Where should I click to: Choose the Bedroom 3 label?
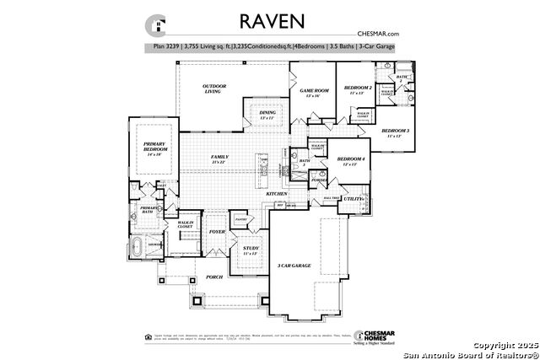pyautogui.click(x=395, y=132)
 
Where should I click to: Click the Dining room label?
pyautogui.click(x=267, y=116)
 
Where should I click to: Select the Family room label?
pyautogui.click(x=220, y=159)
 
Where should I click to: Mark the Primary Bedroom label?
pyautogui.click(x=153, y=148)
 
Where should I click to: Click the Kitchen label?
pyautogui.click(x=277, y=193)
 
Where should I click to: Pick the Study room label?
pyautogui.click(x=250, y=250)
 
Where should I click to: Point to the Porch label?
pyautogui.click(x=214, y=277)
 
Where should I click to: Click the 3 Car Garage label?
pyautogui.click(x=294, y=266)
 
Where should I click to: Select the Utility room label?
pyautogui.click(x=353, y=199)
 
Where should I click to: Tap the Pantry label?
pyautogui.click(x=240, y=218)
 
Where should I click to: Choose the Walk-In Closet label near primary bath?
pyautogui.click(x=186, y=224)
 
